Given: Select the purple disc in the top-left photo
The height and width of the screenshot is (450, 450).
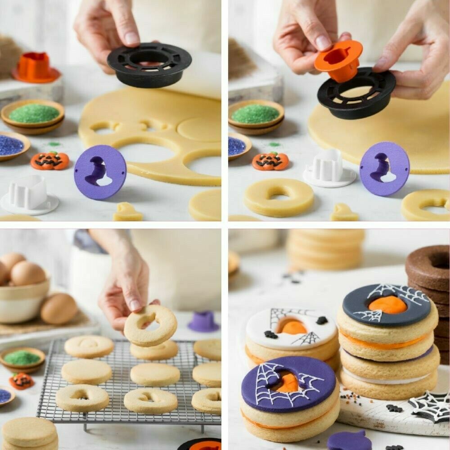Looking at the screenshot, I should [100, 172].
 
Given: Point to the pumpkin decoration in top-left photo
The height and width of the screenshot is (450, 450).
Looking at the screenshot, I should [50, 161].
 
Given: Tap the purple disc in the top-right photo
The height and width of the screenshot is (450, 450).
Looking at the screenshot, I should [384, 168].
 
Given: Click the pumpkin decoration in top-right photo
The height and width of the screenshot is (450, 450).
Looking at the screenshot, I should [270, 161].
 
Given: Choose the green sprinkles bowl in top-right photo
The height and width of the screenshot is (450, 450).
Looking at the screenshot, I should [256, 115].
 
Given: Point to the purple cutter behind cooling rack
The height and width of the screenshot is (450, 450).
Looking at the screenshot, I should [203, 321].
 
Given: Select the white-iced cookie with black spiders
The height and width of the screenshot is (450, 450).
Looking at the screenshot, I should [292, 330].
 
